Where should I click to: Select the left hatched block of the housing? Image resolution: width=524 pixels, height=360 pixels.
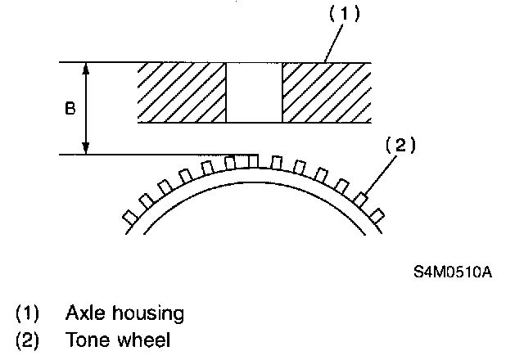(x=181, y=92)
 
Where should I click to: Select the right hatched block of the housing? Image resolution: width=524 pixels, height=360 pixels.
(x=327, y=92)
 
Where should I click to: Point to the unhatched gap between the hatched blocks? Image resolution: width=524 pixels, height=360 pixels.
(x=254, y=92)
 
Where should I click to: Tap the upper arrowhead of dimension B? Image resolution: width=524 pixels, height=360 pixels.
(x=88, y=68)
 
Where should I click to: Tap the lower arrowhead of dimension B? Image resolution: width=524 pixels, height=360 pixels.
(x=88, y=149)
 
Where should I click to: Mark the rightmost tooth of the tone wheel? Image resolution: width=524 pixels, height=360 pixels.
(x=377, y=214)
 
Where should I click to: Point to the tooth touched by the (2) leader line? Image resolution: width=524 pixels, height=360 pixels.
(x=361, y=198)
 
